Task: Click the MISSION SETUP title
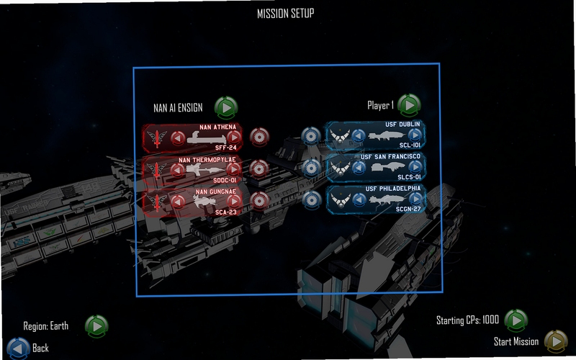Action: click(285, 14)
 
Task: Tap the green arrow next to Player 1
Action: click(409, 105)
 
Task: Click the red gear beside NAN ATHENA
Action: click(259, 137)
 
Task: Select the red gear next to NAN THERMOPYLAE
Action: click(259, 168)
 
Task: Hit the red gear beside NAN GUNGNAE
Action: click(260, 201)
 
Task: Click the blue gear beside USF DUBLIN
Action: click(311, 136)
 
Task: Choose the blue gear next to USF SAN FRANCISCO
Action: click(312, 168)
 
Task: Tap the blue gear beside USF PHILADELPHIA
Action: click(312, 200)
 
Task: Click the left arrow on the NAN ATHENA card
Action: click(178, 138)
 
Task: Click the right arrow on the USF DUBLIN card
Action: click(415, 135)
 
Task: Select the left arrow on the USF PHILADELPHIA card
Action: click(359, 199)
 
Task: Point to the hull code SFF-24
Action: click(225, 148)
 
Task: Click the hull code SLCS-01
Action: click(409, 177)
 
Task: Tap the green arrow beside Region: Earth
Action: click(96, 326)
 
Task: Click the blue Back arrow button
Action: click(19, 348)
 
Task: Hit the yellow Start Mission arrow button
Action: click(556, 341)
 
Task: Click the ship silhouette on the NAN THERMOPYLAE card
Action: click(204, 169)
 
